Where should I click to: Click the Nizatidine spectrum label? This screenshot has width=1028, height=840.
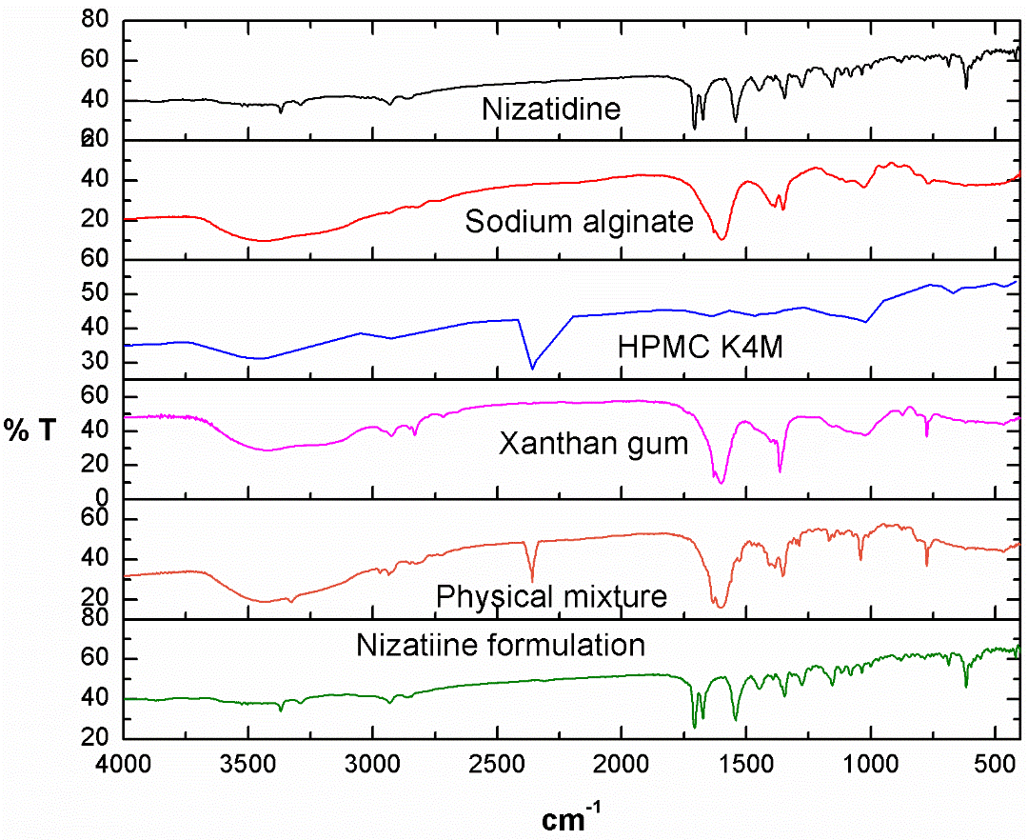pyautogui.click(x=551, y=109)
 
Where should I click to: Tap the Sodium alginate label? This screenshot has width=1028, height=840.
pyautogui.click(x=579, y=222)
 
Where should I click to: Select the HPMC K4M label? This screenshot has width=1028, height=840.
pyautogui.click(x=678, y=344)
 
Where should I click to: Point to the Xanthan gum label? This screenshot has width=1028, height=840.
pyautogui.click(x=593, y=444)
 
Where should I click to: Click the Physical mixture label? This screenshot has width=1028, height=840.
pyautogui.click(x=551, y=597)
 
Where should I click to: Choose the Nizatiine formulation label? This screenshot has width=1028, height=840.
pyautogui.click(x=501, y=645)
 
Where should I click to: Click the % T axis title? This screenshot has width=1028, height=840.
pyautogui.click(x=29, y=430)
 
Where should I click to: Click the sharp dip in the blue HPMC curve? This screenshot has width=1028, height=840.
pyautogui.click(x=533, y=368)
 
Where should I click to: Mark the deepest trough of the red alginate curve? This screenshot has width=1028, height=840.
pyautogui.click(x=722, y=238)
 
